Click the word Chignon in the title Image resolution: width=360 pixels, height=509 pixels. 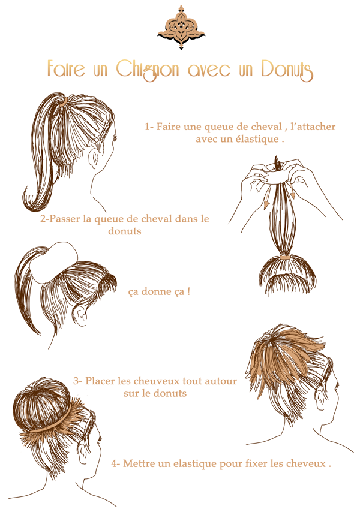click(148, 70)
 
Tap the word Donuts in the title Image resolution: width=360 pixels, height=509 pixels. click(287, 70)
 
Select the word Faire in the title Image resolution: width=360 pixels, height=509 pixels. click(66, 68)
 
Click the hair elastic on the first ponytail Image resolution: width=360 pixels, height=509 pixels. click(65, 101)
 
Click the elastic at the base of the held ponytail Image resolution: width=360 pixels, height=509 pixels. click(284, 257)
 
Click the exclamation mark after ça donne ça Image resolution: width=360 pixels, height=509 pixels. click(188, 291)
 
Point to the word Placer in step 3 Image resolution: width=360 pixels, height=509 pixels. click(100, 381)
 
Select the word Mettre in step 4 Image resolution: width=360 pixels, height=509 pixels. click(139, 463)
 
